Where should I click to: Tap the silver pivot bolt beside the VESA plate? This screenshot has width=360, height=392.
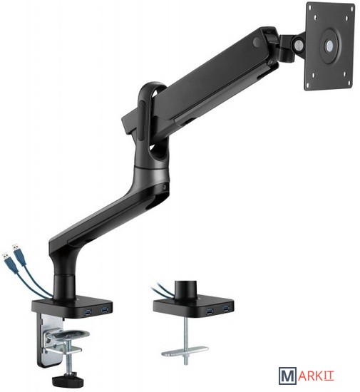click(x=298, y=44)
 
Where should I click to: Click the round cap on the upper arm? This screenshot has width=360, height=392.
click(x=257, y=41)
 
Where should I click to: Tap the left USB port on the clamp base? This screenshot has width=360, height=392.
click(x=88, y=311)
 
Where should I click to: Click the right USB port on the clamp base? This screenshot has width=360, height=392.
click(x=104, y=311)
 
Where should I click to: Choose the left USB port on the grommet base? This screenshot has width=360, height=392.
click(x=210, y=311)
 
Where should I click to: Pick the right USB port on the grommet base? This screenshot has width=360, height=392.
click(x=226, y=309)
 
